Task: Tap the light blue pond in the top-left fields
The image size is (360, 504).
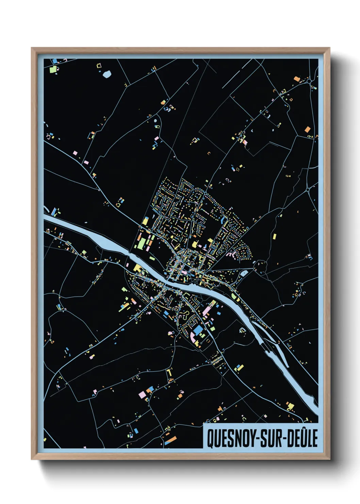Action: click(107, 74)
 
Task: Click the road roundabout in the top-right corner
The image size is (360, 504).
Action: click(309, 81)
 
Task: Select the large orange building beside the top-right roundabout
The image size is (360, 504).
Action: click(297, 79)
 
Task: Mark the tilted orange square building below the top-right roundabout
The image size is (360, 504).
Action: click(307, 129)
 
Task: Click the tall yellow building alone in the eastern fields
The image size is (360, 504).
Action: click(274, 236)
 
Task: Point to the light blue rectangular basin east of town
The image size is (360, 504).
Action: click(244, 273)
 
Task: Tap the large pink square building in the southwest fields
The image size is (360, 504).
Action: click(142, 394)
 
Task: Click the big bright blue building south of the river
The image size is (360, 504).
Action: click(197, 330)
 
